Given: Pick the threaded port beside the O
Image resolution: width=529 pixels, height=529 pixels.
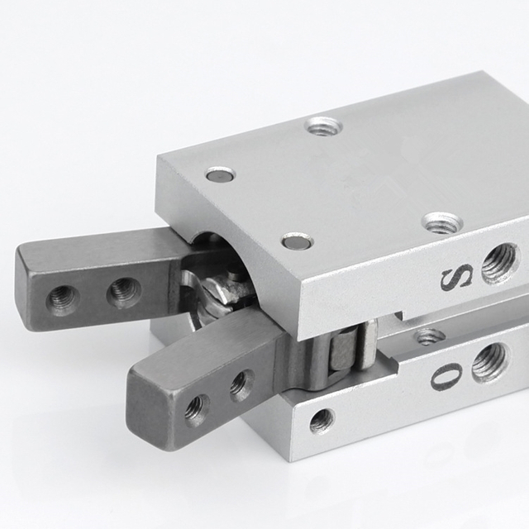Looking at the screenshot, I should (489, 361).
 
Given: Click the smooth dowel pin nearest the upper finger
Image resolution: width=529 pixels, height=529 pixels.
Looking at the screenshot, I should (220, 174).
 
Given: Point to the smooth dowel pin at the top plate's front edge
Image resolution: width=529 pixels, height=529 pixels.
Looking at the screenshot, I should (297, 241).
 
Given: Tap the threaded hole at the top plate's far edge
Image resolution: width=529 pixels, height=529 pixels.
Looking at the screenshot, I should (323, 126).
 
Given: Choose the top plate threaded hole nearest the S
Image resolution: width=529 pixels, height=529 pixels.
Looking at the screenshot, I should (441, 222).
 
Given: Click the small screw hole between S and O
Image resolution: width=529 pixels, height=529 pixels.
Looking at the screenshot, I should (430, 336).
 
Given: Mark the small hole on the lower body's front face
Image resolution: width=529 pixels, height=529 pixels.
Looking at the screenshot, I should (322, 421).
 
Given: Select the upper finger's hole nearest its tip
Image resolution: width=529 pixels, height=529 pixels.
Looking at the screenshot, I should (63, 298).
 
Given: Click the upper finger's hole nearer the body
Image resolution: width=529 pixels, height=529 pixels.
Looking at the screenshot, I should (124, 291).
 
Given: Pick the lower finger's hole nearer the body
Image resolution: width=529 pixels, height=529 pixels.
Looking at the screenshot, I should (241, 384).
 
